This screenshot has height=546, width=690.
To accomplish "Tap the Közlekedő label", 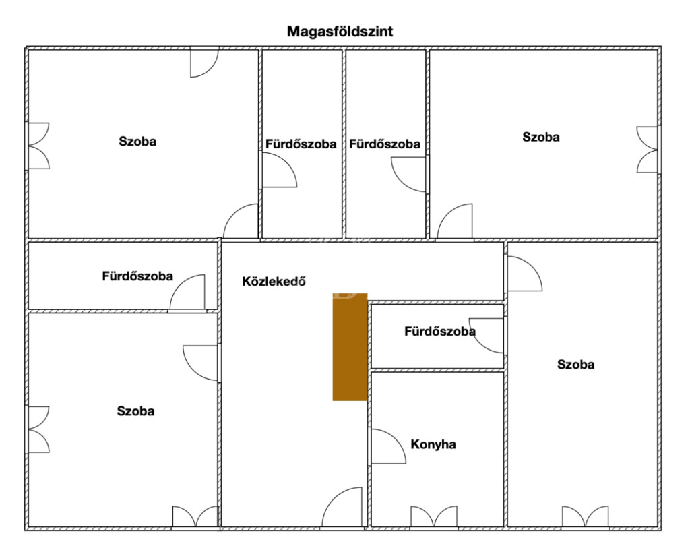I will pos(274,282).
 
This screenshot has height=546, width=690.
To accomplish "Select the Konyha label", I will pos(433,444).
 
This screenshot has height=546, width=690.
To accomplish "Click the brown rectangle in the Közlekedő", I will pos(350,347).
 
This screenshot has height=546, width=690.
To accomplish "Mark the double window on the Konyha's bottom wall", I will pos(433,516).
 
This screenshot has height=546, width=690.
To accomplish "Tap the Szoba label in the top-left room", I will pos(137,142).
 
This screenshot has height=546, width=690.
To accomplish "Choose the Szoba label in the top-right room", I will pos(540,137).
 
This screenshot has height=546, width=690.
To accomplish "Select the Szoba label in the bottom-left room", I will pos(135,411).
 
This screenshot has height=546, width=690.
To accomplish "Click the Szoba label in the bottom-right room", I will pos(575,365).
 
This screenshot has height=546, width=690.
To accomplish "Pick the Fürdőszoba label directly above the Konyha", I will pos(439,331).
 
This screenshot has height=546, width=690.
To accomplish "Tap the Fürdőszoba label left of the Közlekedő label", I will pos(137,276).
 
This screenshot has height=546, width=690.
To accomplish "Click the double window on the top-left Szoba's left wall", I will pos(38,146).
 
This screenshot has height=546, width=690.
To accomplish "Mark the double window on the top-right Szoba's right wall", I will pos(648,150).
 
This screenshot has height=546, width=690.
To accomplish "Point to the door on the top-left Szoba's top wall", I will pos(204,63).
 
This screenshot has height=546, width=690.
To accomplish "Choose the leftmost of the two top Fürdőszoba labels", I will pos(301,144).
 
